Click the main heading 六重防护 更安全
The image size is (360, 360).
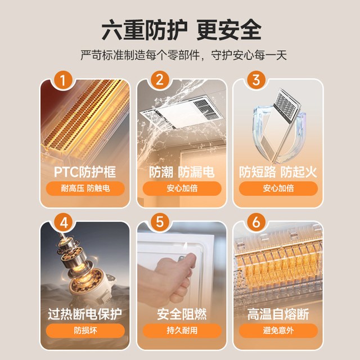click(181, 30)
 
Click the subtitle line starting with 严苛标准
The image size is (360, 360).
click(184, 55)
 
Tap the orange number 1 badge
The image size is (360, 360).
click(63, 80)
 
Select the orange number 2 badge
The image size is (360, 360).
click(160, 80)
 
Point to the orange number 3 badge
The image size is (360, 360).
click(256, 80)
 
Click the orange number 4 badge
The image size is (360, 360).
click(64, 223)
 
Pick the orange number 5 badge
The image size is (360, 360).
click(160, 222)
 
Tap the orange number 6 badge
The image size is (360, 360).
click(256, 222)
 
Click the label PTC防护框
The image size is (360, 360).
click(85, 172)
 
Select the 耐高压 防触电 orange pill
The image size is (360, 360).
click(85, 188)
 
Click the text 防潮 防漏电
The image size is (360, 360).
click(182, 172)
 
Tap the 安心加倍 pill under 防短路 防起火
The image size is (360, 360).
click(278, 188)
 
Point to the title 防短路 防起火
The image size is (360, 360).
click(278, 172)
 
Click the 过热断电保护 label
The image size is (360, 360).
click(85, 314)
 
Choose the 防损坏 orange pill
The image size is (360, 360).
click(85, 331)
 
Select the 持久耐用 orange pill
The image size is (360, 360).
click(182, 331)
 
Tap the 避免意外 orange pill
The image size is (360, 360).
click(278, 331)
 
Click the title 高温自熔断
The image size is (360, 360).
click(278, 314)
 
